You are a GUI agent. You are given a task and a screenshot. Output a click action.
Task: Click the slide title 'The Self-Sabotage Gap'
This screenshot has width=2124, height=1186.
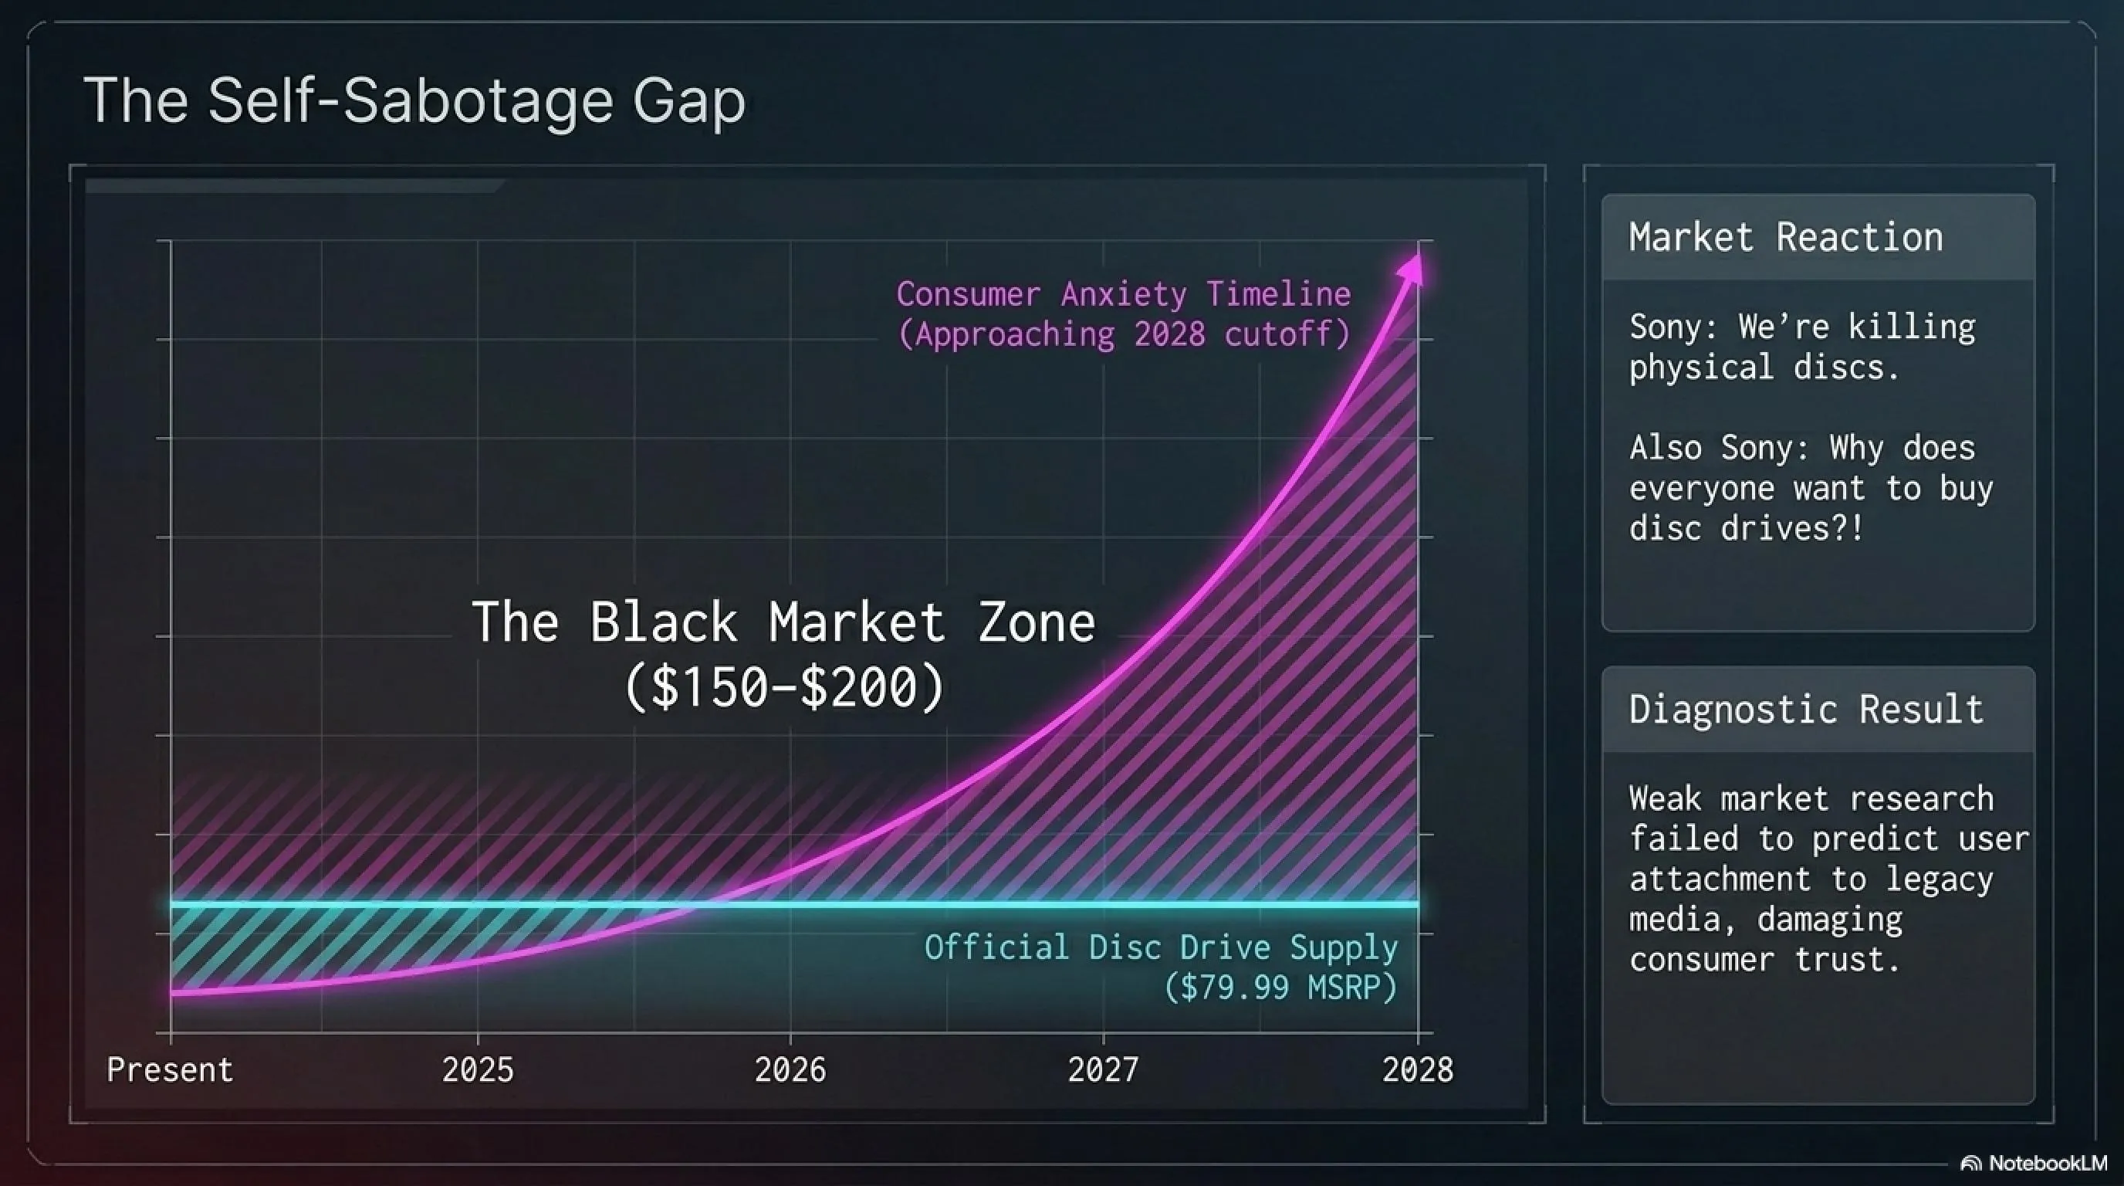414,100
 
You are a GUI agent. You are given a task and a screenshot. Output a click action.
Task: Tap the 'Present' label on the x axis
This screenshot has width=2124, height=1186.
170,1069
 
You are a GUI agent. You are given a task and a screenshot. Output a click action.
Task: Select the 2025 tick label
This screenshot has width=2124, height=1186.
478,1069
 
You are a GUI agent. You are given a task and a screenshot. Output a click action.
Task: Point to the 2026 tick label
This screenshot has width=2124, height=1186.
790,1069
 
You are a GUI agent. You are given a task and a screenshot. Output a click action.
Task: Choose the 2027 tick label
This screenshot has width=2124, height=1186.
1103,1069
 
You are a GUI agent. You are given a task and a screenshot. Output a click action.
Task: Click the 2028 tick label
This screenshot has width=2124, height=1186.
1417,1069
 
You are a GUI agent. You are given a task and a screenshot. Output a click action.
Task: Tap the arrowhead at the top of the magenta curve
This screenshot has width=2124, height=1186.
1412,269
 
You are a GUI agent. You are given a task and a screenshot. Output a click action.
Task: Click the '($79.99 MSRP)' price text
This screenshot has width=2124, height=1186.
1280,987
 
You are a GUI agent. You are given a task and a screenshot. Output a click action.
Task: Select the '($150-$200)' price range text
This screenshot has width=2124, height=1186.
784,687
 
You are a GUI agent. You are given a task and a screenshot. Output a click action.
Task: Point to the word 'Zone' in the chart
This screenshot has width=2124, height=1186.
1037,622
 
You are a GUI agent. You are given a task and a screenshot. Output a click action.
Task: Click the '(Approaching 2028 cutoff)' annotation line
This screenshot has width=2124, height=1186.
1124,334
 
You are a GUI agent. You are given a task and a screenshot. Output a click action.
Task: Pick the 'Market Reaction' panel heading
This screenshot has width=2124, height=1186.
1786,238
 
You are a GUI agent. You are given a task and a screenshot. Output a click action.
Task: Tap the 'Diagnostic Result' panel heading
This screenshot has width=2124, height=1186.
1806,710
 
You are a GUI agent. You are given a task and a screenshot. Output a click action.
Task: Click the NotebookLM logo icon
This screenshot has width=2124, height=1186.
1971,1163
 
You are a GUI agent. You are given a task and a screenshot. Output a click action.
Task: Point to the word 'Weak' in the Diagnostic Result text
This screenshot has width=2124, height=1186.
1665,798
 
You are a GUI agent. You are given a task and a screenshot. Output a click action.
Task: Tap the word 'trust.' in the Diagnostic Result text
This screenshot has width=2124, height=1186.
1847,959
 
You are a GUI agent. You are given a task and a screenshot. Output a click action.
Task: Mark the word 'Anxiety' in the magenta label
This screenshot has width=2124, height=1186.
1123,294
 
